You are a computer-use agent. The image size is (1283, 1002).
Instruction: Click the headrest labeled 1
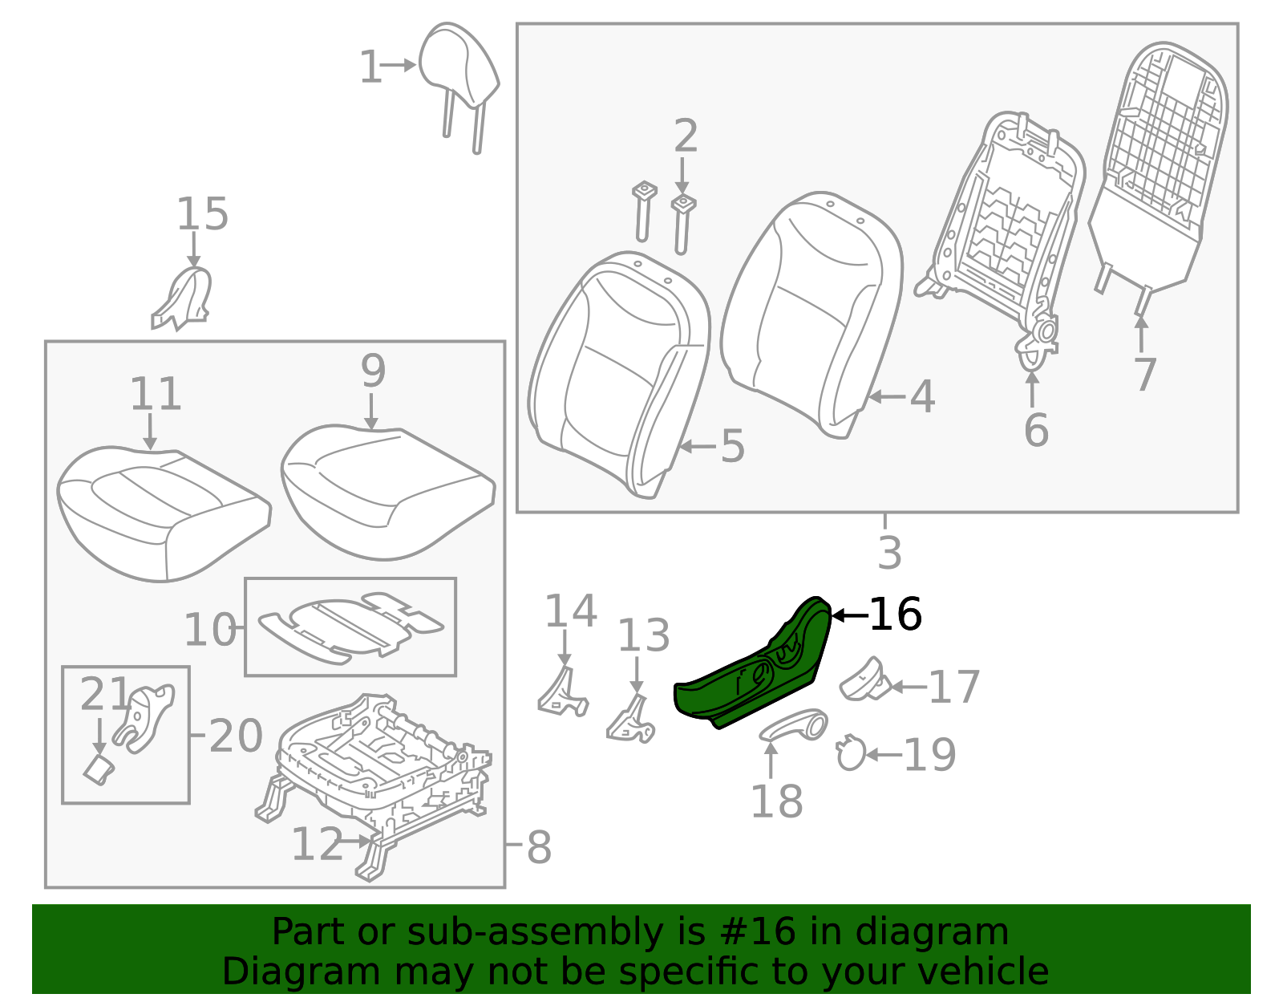pyautogui.click(x=458, y=68)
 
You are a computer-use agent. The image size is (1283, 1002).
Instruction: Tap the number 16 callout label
pyautogui.click(x=895, y=615)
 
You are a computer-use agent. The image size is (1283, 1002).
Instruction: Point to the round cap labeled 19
pyautogui.click(x=850, y=754)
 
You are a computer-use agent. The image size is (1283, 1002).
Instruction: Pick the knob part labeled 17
pyautogui.click(x=863, y=680)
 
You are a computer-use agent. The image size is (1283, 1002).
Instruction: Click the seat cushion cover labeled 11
pyautogui.click(x=160, y=513)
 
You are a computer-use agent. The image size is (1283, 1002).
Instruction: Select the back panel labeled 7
pyautogui.click(x=1159, y=160)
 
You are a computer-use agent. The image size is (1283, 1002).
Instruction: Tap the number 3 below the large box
pyautogui.click(x=889, y=553)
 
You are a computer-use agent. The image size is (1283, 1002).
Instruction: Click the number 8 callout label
pyautogui.click(x=539, y=848)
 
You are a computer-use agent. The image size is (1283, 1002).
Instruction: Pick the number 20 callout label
pyautogui.click(x=236, y=736)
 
